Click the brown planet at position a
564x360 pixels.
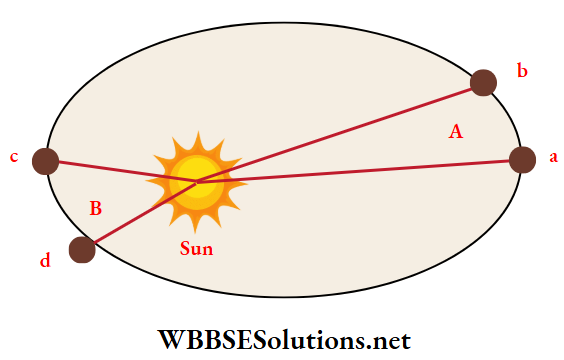[x=522, y=160]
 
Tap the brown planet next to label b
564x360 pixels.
[x=484, y=83]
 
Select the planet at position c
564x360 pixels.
[x=45, y=160]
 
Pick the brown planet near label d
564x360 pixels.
[x=82, y=249]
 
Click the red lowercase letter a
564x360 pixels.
[x=552, y=158]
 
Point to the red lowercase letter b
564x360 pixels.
[x=521, y=70]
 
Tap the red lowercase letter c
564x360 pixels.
[x=14, y=158]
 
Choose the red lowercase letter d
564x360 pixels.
[x=45, y=262]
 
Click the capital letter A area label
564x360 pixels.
[x=456, y=130]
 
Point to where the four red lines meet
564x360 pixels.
[x=196, y=181]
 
